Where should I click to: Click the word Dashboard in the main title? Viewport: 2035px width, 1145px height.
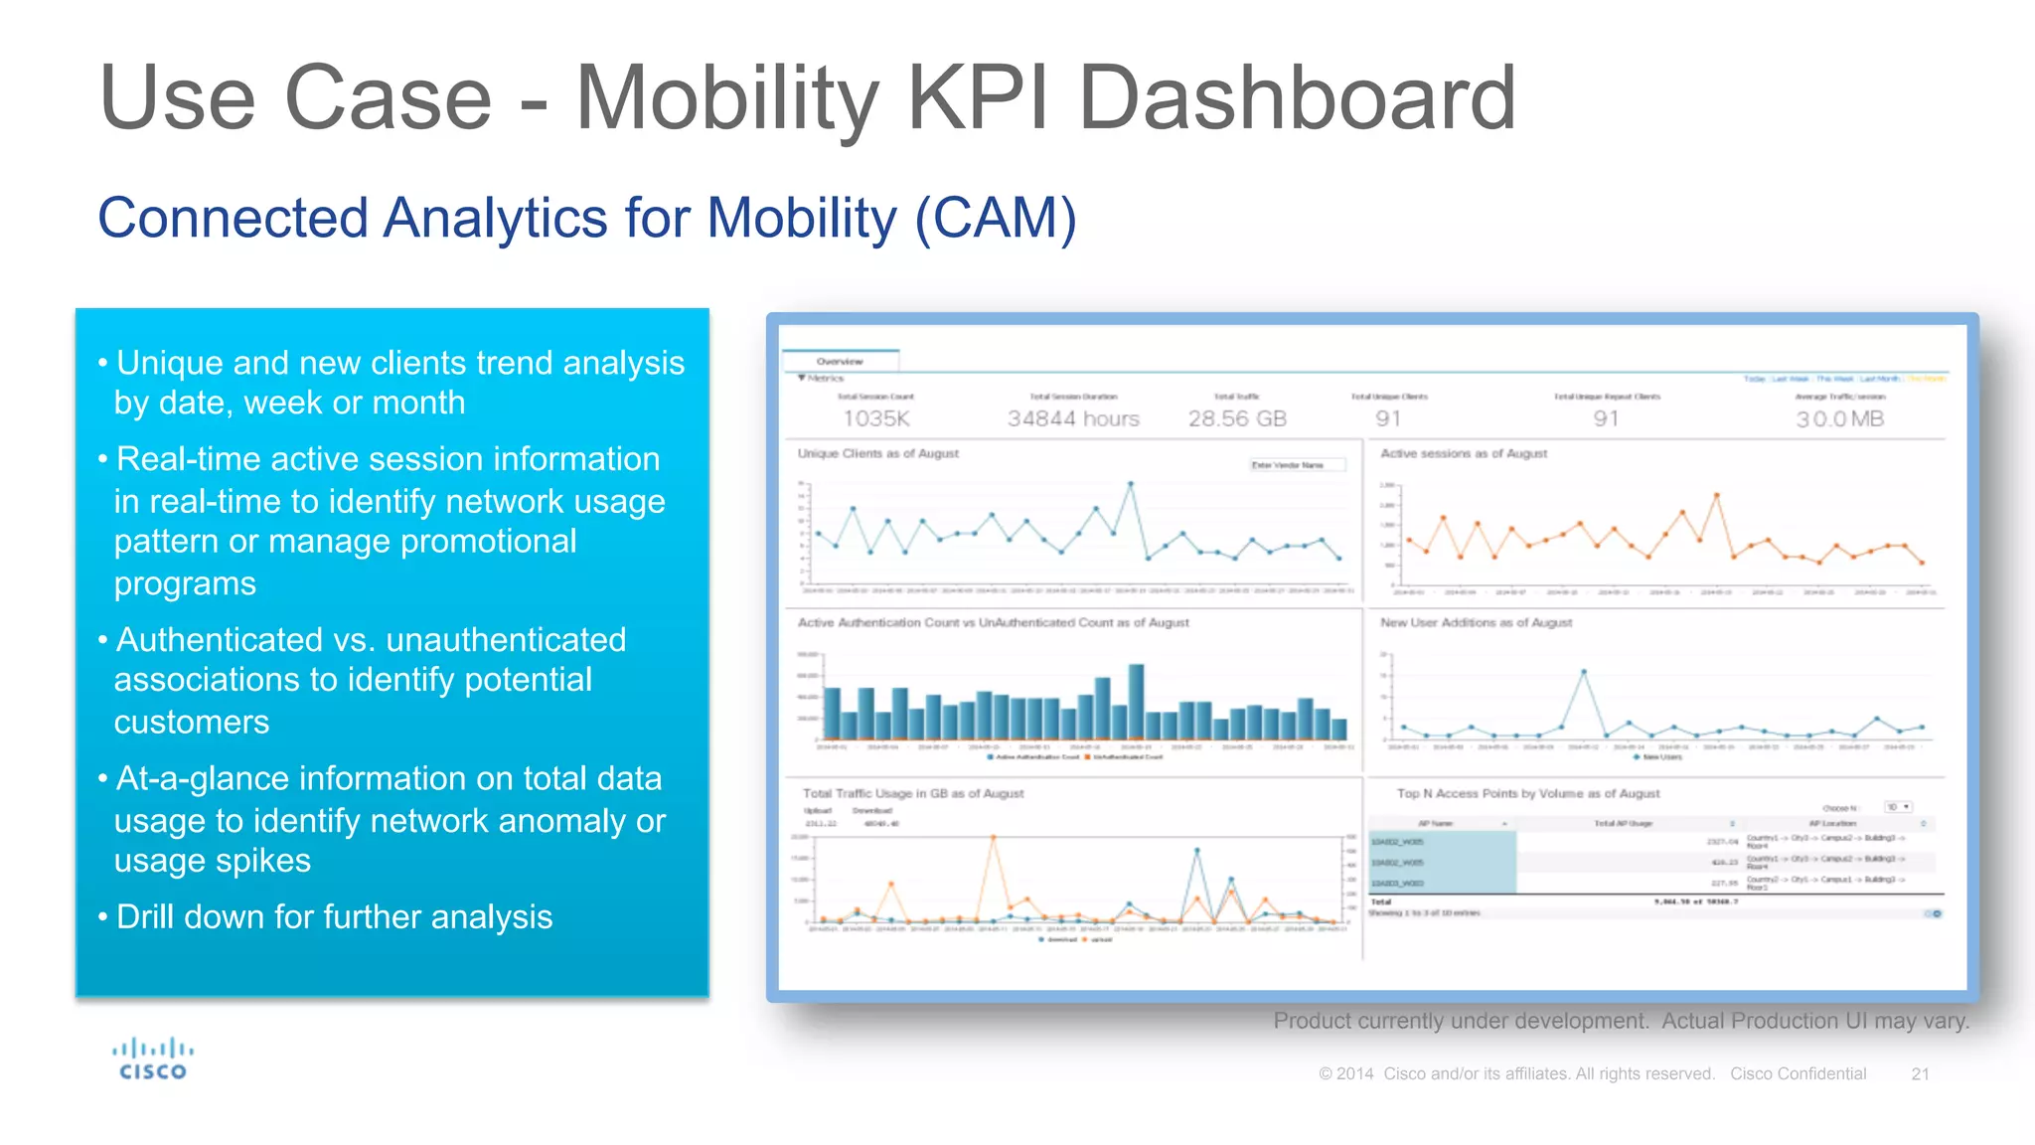click(x=1297, y=97)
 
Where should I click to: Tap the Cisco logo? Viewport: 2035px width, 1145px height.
click(x=153, y=1060)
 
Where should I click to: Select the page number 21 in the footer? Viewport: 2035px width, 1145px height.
click(x=1920, y=1073)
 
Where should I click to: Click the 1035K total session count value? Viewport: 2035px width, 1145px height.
click(x=875, y=418)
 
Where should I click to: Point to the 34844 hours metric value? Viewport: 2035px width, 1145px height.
click(x=1073, y=418)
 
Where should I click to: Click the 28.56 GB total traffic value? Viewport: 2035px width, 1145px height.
click(x=1237, y=418)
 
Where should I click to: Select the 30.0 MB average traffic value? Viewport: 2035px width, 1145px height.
click(x=1839, y=418)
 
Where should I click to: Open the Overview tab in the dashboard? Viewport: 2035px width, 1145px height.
click(x=840, y=361)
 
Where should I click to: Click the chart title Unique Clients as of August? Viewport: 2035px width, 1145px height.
click(x=877, y=453)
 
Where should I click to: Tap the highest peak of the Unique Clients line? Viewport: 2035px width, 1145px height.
click(x=1130, y=485)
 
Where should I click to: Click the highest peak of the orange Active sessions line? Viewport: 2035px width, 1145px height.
click(x=1716, y=495)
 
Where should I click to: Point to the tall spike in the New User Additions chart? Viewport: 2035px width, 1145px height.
click(x=1583, y=673)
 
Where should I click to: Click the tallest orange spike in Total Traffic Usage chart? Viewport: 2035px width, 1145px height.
click(x=993, y=839)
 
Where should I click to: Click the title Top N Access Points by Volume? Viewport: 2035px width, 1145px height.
click(x=1527, y=793)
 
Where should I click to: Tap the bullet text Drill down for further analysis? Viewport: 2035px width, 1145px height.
click(x=334, y=916)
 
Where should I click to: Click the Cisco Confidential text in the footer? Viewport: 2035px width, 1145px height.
click(x=1798, y=1073)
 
